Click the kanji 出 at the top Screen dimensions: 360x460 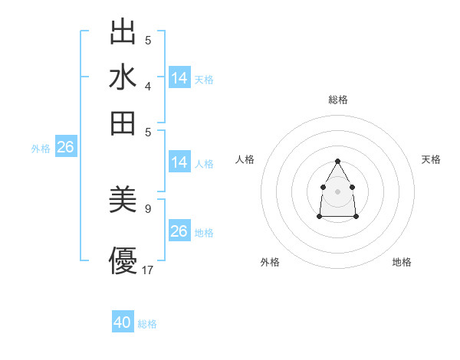coord(123,32)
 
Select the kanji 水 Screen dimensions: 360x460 coord(123,77)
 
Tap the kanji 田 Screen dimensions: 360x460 coord(123,123)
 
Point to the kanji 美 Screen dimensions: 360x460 coord(123,201)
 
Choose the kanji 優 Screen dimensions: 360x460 coord(123,260)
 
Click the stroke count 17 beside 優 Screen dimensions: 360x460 coord(148,270)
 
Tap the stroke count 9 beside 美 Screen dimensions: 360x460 coord(147,208)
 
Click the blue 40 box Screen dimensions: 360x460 coord(123,322)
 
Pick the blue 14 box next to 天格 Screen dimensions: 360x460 coord(179,78)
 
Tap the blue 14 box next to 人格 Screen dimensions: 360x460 coord(179,162)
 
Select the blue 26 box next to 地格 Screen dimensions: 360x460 coord(179,231)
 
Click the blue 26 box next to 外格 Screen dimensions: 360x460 coord(65,148)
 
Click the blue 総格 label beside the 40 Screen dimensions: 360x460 coord(147,324)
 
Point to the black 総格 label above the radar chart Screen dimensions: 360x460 coord(338,100)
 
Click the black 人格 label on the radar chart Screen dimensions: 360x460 coord(245,159)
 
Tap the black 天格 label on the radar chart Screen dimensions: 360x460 coord(431,159)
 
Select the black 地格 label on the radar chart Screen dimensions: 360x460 coord(402,263)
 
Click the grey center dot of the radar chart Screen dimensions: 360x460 coord(337,191)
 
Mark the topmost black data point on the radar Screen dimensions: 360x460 coord(337,161)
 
